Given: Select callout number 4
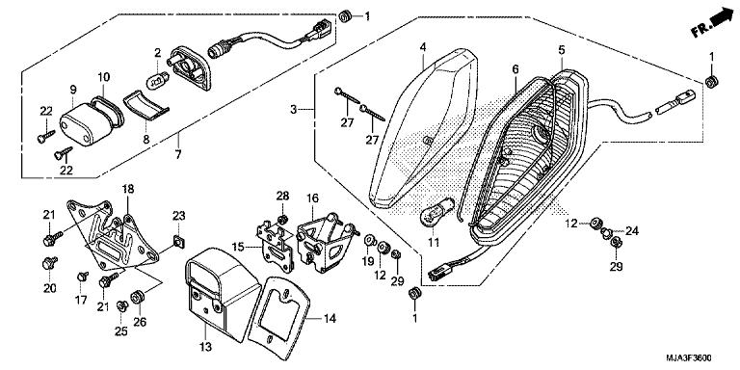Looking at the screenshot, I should click(x=422, y=46).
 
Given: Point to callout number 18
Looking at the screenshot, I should click(x=128, y=190).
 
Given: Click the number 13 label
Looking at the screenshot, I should click(x=204, y=347).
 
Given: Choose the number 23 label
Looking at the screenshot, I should click(x=178, y=215).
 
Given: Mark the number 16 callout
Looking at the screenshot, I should click(x=311, y=198).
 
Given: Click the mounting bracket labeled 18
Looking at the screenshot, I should click(x=123, y=236).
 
